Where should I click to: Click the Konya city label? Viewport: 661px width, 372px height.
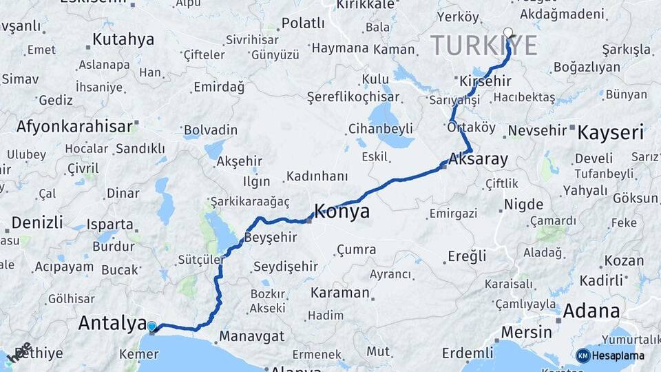342,211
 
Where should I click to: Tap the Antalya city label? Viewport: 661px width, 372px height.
112,322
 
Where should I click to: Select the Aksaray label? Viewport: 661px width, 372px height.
478,160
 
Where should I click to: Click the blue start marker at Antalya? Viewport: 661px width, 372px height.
151,327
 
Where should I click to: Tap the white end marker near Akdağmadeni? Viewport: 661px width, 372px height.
508,32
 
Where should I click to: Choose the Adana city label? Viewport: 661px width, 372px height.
591,311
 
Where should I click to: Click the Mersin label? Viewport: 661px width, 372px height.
526,332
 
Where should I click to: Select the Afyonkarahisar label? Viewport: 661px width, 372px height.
74,127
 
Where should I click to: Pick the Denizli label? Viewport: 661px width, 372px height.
37,223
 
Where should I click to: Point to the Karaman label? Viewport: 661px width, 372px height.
339,293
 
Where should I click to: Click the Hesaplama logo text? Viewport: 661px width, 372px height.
619,355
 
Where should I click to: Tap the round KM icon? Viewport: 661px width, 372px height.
583,355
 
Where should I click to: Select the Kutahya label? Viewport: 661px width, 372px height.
123,39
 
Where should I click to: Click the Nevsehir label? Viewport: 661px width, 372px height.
536,131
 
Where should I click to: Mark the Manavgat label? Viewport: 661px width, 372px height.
252,338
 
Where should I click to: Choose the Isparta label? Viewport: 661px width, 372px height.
110,225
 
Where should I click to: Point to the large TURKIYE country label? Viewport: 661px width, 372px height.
484,45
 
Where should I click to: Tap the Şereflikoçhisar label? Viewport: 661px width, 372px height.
353,96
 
